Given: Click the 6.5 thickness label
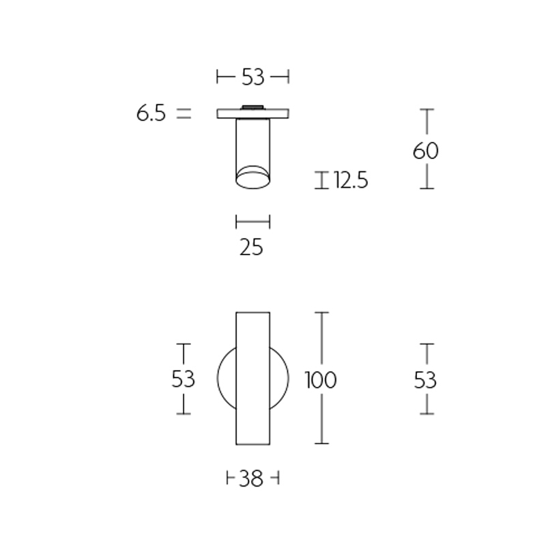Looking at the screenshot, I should [151, 114].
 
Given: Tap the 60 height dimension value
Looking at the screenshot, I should [426, 150].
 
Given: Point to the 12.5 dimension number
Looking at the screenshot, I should [351, 181].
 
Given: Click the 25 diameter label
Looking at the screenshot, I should [252, 247].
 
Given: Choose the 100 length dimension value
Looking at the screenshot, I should [321, 379].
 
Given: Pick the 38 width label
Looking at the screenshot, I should [252, 480].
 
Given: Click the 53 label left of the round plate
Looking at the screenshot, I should [184, 379].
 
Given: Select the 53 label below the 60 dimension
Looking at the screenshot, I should [426, 379].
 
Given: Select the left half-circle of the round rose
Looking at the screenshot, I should [227, 379].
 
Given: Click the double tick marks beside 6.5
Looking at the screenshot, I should [184, 114].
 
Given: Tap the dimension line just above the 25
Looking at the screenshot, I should [253, 221].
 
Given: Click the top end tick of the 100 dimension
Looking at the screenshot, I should [321, 313].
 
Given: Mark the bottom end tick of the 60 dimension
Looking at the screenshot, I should [427, 188].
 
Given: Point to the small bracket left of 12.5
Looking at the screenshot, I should [321, 180].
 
